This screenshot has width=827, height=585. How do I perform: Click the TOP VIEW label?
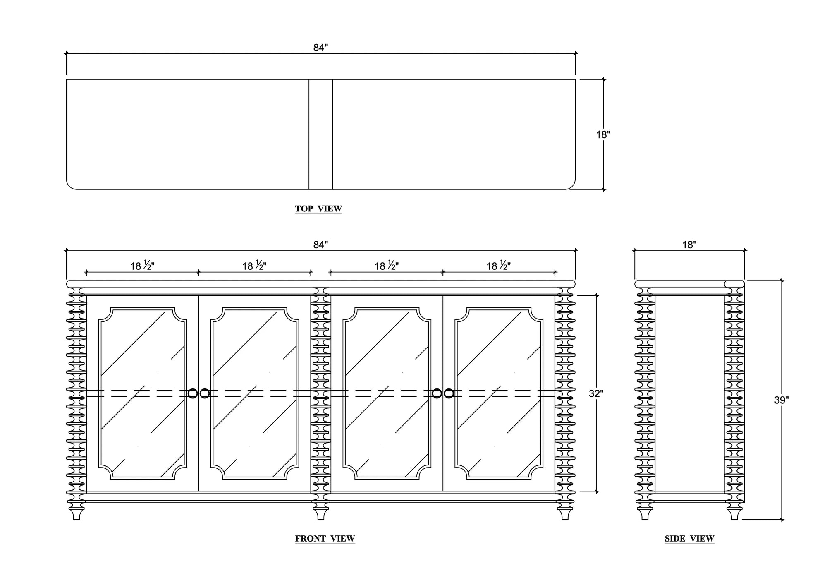click(x=318, y=209)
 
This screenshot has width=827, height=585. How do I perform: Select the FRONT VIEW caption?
click(x=325, y=539)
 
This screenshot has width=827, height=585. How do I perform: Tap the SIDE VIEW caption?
click(x=689, y=539)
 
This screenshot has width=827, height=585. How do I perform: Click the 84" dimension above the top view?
click(x=320, y=48)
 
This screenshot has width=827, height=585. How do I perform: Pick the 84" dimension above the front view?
click(x=320, y=245)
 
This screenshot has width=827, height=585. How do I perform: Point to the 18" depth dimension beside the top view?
click(x=603, y=134)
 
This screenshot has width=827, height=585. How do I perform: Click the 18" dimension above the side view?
click(x=689, y=245)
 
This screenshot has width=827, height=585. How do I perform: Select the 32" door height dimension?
click(x=596, y=394)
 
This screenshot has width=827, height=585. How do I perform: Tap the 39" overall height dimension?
click(x=782, y=400)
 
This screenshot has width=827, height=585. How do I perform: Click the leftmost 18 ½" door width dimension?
click(x=143, y=266)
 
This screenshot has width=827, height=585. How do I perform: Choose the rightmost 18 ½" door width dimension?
click(x=499, y=266)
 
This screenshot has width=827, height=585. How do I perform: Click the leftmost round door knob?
click(x=193, y=393)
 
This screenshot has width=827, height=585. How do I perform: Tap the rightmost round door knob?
click(x=449, y=393)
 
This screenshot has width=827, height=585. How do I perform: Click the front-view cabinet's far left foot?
click(x=76, y=513)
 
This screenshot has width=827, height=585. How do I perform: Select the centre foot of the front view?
click(x=320, y=513)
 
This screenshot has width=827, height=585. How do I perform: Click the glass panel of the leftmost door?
click(x=143, y=393)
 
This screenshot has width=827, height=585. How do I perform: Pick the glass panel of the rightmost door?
click(x=499, y=393)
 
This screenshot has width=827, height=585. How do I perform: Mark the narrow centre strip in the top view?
click(x=321, y=134)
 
